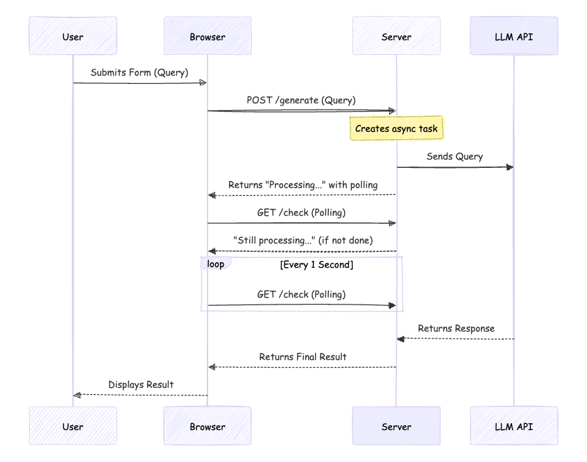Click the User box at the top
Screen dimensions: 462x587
point(73,36)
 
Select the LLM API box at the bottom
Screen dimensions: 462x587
point(513,426)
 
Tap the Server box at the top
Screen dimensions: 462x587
point(396,36)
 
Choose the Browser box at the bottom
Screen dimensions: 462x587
point(207,426)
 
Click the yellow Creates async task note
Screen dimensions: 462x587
point(396,128)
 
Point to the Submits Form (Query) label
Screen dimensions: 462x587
point(139,73)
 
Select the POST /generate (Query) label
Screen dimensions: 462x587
point(301,100)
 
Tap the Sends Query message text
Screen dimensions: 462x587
point(454,156)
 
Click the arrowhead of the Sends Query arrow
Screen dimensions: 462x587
point(510,167)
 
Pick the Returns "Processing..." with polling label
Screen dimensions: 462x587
point(303,185)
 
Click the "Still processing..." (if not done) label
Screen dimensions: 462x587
point(303,240)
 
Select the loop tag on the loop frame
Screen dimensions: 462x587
point(215,264)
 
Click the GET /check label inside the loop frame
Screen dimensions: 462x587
point(301,294)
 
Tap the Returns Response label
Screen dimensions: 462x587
point(456,328)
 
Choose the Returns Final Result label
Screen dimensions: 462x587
point(303,357)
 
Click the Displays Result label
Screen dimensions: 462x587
point(141,384)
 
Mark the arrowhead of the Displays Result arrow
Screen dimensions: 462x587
point(77,395)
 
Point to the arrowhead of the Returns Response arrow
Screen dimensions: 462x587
point(400,339)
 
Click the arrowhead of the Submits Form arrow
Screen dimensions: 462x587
point(203,83)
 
